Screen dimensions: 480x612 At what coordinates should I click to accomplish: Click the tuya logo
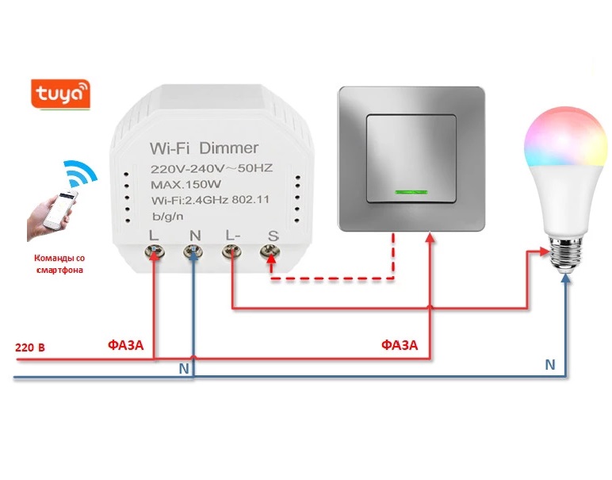pos(60,94)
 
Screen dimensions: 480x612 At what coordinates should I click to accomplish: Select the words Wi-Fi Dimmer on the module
pos(204,148)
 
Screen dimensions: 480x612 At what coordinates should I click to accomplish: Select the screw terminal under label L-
pos(231,252)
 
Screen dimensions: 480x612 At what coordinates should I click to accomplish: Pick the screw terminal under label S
pos(271,254)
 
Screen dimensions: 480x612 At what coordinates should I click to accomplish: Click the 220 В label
pos(30,348)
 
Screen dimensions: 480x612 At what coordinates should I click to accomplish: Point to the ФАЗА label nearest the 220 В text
pos(126,345)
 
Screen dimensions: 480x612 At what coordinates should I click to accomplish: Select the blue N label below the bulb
pos(549,364)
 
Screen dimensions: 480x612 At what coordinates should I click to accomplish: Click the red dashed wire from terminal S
pos(333,278)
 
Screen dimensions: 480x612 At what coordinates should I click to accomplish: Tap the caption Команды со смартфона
pos(59,263)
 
